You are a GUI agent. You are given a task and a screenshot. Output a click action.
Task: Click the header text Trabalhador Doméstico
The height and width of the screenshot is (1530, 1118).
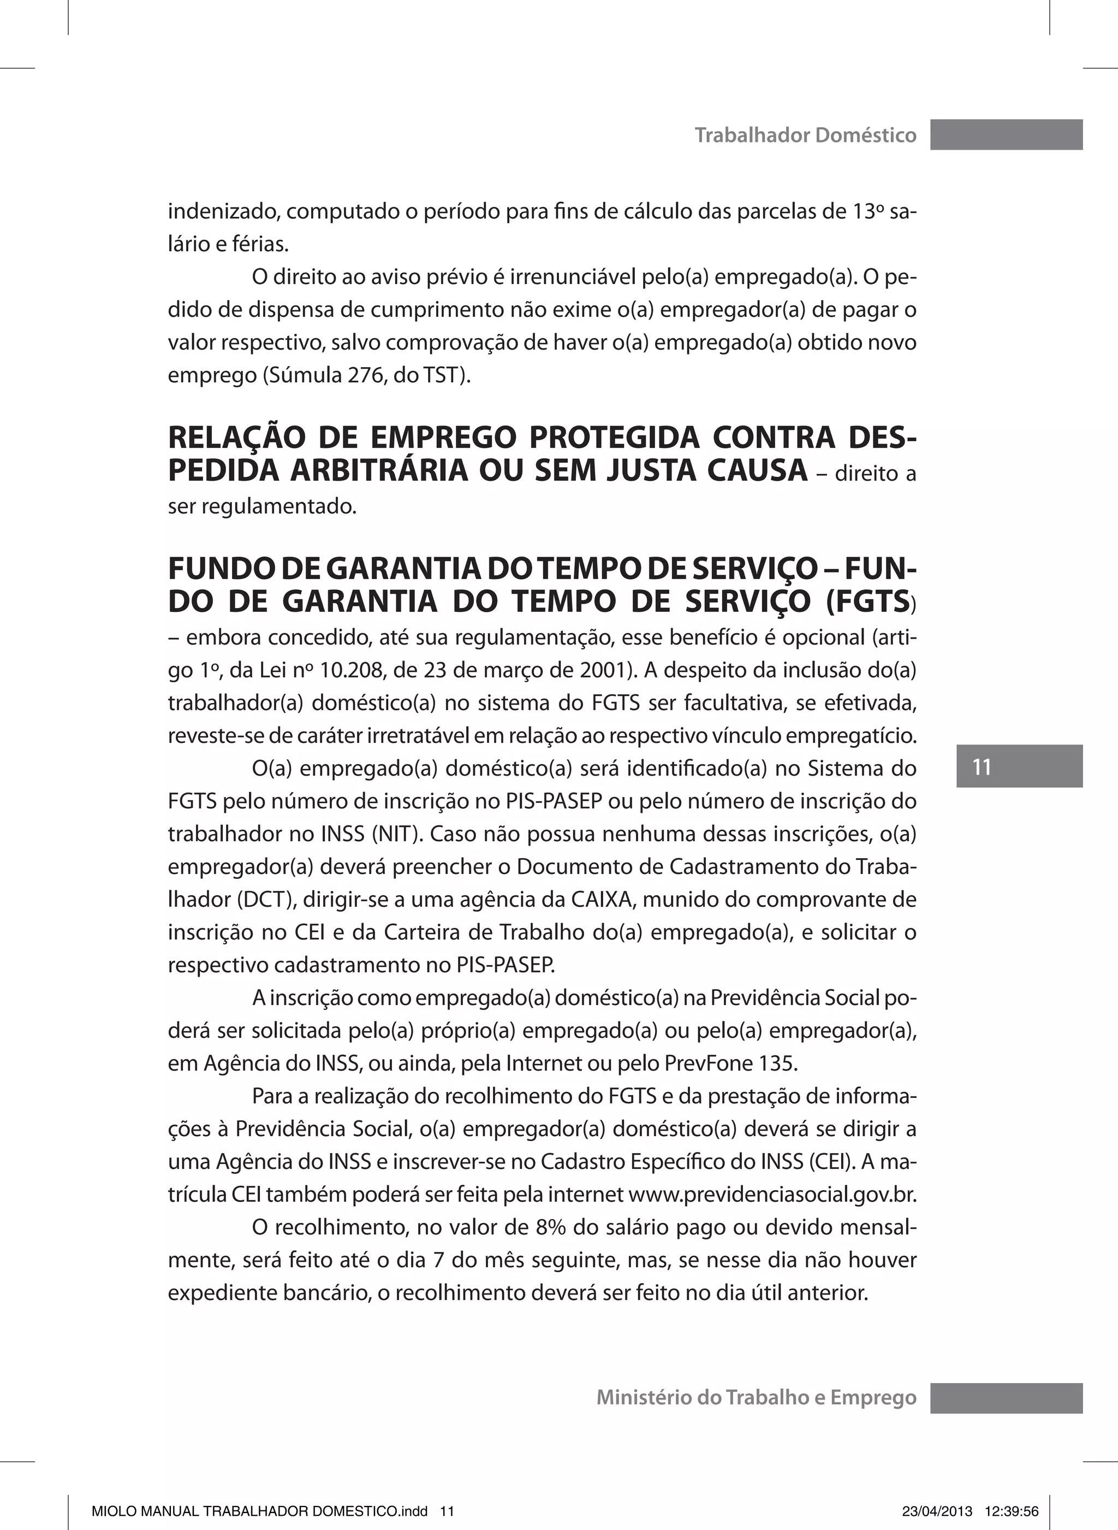[805, 135]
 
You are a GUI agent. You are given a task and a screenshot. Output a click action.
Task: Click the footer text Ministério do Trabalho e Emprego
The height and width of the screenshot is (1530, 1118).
[756, 1397]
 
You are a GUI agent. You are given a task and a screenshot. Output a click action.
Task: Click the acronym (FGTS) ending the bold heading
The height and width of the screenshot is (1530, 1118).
[870, 602]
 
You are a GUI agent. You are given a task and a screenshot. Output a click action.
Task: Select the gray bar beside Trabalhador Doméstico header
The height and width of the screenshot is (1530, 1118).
[1006, 135]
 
